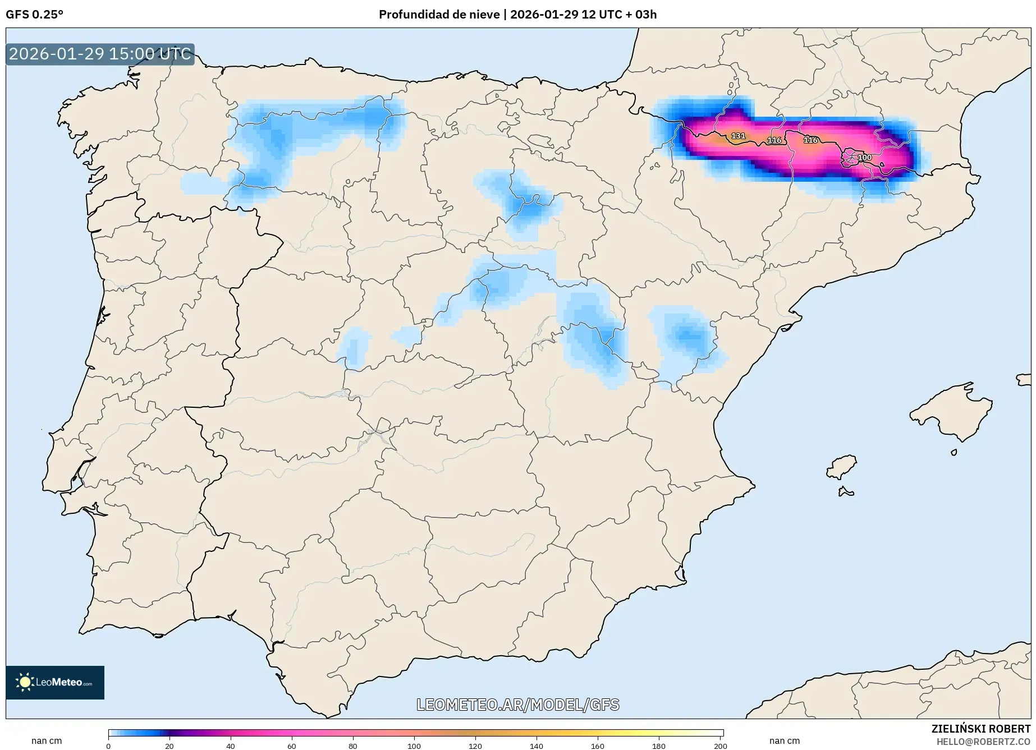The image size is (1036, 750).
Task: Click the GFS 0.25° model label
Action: tap(34, 15)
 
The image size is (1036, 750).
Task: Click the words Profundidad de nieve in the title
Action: tap(439, 15)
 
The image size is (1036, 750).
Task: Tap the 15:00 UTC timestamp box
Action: tap(100, 54)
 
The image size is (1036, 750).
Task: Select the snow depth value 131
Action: tap(738, 136)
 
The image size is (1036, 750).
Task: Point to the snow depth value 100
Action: tap(865, 158)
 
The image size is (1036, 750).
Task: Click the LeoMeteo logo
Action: tap(55, 682)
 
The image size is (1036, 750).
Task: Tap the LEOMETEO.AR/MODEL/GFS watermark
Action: tap(517, 705)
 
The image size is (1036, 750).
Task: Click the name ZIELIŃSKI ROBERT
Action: tap(980, 729)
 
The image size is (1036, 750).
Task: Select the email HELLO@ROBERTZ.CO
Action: tap(983, 742)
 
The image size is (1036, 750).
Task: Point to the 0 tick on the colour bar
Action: tap(108, 746)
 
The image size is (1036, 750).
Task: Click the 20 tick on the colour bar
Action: tap(169, 746)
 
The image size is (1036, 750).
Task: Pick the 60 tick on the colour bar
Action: tap(292, 746)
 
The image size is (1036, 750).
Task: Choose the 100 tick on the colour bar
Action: tap(414, 746)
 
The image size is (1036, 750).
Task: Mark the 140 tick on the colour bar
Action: tap(537, 746)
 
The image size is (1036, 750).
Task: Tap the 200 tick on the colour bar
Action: tap(720, 746)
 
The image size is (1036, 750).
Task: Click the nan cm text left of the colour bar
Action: tap(47, 741)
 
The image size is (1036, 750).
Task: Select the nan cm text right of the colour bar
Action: tap(784, 741)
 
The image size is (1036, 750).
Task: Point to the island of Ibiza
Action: tap(842, 467)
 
